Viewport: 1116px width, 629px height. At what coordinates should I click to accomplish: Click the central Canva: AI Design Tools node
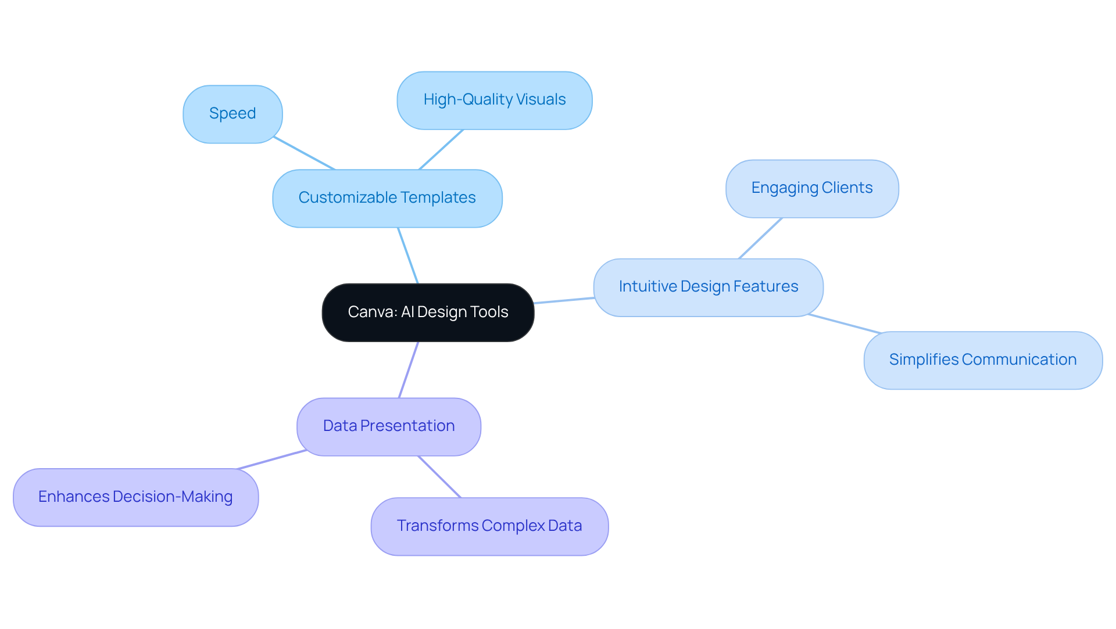(x=428, y=312)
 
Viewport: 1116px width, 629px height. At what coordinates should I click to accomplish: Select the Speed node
(x=233, y=114)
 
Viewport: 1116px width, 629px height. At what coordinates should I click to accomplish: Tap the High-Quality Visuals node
(x=494, y=100)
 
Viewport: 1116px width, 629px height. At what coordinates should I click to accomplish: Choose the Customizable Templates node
(x=387, y=198)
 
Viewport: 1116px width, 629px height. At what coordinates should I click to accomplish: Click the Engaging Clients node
(x=811, y=188)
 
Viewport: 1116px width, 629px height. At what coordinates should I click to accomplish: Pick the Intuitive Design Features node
(x=708, y=287)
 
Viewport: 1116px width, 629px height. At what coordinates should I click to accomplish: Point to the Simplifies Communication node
(x=982, y=360)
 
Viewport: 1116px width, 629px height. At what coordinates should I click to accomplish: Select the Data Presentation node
(x=388, y=426)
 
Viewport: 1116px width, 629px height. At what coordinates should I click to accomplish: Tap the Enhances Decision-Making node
(x=135, y=497)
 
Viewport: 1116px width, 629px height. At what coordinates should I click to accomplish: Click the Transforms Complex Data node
(x=489, y=526)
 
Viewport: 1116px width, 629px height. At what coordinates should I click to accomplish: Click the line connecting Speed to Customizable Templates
(x=304, y=153)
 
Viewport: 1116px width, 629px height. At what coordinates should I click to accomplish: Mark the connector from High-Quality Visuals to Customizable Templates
(x=441, y=149)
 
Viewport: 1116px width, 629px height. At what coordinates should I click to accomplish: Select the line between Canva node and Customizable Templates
(x=408, y=256)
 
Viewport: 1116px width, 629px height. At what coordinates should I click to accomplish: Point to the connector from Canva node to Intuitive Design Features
(x=564, y=300)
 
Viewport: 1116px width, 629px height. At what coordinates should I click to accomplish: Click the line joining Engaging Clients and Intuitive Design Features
(x=760, y=238)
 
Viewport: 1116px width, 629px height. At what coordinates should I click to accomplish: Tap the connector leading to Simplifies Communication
(x=845, y=324)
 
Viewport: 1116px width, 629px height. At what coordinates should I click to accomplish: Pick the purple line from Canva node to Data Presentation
(x=409, y=370)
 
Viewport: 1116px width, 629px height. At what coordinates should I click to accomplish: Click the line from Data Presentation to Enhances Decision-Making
(x=271, y=459)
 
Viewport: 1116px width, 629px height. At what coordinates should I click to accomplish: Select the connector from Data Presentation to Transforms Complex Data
(x=439, y=477)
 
